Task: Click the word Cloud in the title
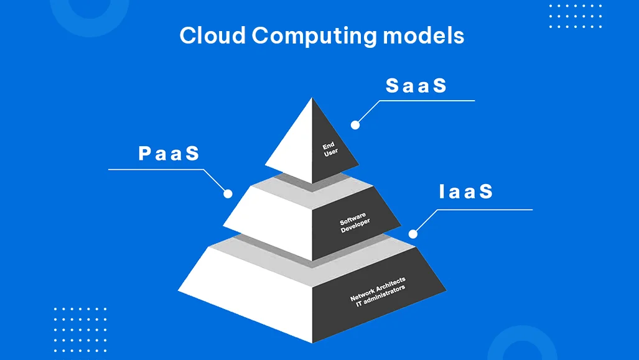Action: [x=212, y=35]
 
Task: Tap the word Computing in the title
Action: [x=314, y=37]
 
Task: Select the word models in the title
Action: [x=424, y=35]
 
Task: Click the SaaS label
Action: [x=416, y=86]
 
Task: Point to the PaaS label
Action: [x=169, y=154]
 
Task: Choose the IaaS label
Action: [x=466, y=192]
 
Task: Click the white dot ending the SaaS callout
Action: [x=355, y=125]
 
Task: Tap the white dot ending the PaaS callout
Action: [x=228, y=194]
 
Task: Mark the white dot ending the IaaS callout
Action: [x=413, y=234]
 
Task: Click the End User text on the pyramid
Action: [x=330, y=149]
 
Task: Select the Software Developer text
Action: [x=355, y=223]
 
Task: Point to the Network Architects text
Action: [x=378, y=288]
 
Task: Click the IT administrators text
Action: [x=381, y=296]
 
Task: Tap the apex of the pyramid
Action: [x=312, y=98]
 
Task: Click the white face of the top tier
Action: [x=294, y=147]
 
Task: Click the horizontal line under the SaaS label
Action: [x=427, y=101]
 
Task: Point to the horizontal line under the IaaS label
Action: [x=485, y=210]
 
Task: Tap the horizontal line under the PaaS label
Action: [x=156, y=169]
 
